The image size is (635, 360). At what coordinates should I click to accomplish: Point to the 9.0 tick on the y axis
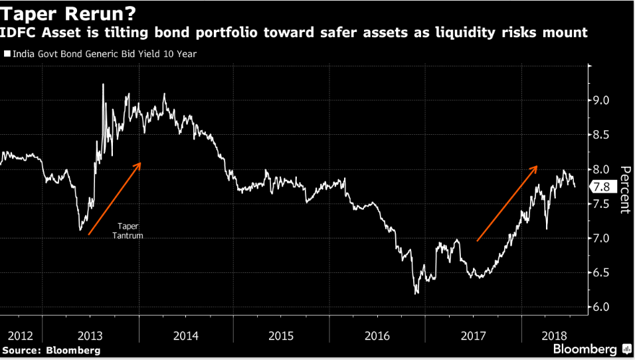point(602,101)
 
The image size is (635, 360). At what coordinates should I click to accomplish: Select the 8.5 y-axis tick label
point(602,135)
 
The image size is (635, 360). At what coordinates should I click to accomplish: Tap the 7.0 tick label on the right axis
point(602,238)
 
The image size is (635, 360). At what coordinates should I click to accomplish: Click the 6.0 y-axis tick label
point(602,307)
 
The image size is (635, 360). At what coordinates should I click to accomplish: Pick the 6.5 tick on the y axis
point(602,272)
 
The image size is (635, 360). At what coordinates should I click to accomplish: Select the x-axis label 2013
point(90,335)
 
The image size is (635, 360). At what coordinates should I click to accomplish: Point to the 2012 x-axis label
point(15,335)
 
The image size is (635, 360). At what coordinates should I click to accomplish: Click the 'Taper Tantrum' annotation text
point(130,230)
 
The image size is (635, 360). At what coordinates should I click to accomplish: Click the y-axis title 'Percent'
point(624,189)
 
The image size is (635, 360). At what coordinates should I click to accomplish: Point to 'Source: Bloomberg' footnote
point(51,350)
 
